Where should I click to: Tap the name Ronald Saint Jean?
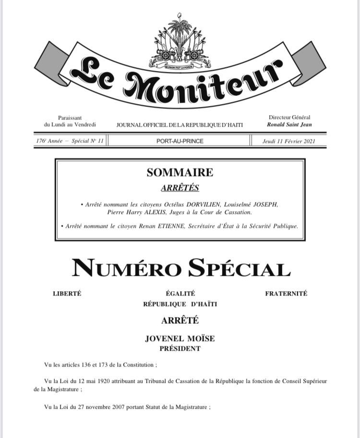pyautogui.click(x=289, y=125)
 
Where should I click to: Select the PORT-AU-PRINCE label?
pyautogui.click(x=180, y=141)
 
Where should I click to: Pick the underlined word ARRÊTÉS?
pyautogui.click(x=180, y=188)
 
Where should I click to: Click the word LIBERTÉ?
pyautogui.click(x=67, y=294)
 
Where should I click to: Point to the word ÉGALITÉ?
pyautogui.click(x=180, y=294)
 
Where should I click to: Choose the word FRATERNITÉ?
pyautogui.click(x=286, y=294)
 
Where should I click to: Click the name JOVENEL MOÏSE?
pyautogui.click(x=180, y=339)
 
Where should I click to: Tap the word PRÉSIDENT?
pyautogui.click(x=180, y=349)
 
